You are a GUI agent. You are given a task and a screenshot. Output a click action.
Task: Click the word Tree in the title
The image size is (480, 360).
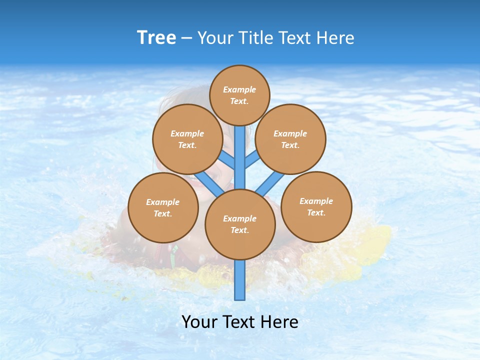point(156,38)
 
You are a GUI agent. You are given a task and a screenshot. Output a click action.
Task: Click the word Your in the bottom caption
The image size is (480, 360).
point(199,322)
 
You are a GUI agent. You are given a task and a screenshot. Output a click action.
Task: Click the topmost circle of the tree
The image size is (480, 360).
point(239,95)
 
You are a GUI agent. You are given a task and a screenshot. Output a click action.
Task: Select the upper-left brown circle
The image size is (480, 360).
point(187,139)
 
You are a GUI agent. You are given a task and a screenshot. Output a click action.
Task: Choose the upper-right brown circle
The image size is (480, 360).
point(290,139)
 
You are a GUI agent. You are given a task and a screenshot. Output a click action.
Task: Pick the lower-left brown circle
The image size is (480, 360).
point(163,207)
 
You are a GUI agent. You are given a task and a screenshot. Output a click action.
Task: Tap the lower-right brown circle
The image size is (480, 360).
point(316,206)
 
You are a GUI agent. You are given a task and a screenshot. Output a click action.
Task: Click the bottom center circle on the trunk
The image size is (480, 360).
point(240,224)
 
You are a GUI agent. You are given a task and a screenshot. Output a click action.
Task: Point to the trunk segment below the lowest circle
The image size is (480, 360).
point(240,280)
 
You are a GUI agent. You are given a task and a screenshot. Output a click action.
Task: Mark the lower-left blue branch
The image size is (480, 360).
point(209,183)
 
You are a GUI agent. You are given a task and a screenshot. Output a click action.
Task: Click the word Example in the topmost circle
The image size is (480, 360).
point(239,89)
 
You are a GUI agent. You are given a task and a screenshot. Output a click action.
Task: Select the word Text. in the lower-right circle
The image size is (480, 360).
point(316,212)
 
